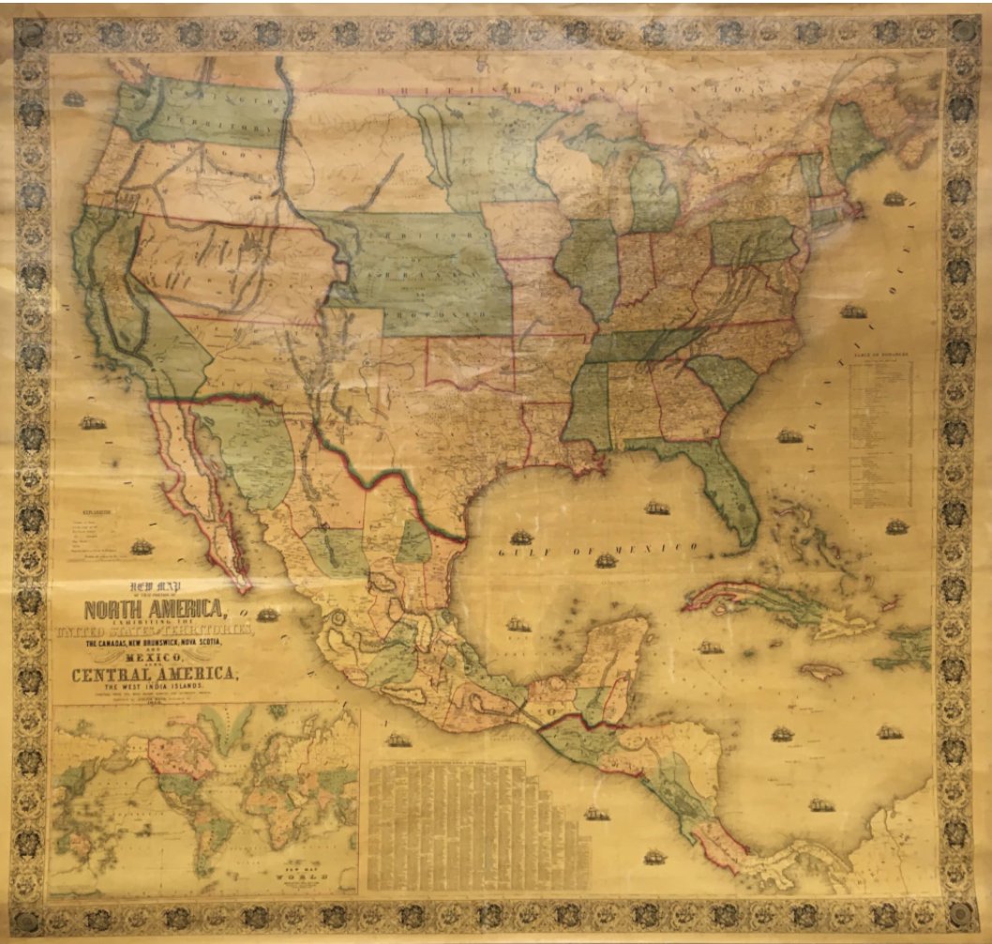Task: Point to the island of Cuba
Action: [750, 601]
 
